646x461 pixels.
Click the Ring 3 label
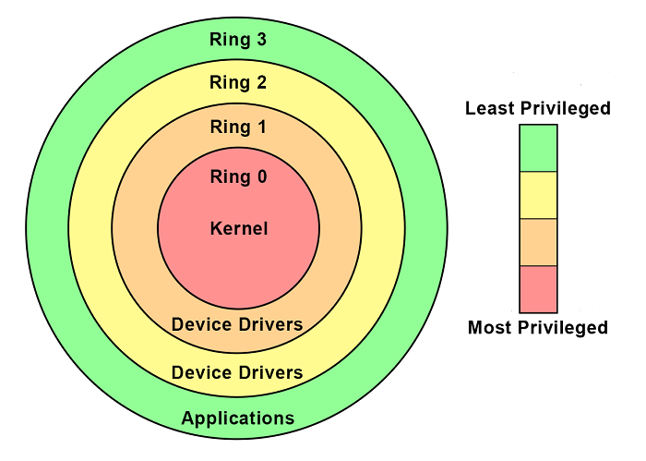click(x=238, y=39)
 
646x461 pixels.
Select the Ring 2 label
click(x=238, y=83)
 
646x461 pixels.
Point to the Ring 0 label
click(x=238, y=176)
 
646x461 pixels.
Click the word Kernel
click(x=238, y=227)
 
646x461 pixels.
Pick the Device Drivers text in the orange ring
click(x=237, y=324)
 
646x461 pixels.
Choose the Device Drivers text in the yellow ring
click(x=237, y=373)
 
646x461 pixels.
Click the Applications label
click(x=237, y=419)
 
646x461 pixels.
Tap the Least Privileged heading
click(x=538, y=109)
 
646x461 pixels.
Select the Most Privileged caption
click(x=538, y=327)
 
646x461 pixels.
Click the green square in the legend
click(x=538, y=148)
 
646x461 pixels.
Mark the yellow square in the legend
click(x=538, y=195)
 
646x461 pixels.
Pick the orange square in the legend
click(x=538, y=242)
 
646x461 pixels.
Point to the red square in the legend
click(x=538, y=289)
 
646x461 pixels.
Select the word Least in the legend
click(x=489, y=109)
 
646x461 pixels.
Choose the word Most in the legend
click(x=489, y=327)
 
